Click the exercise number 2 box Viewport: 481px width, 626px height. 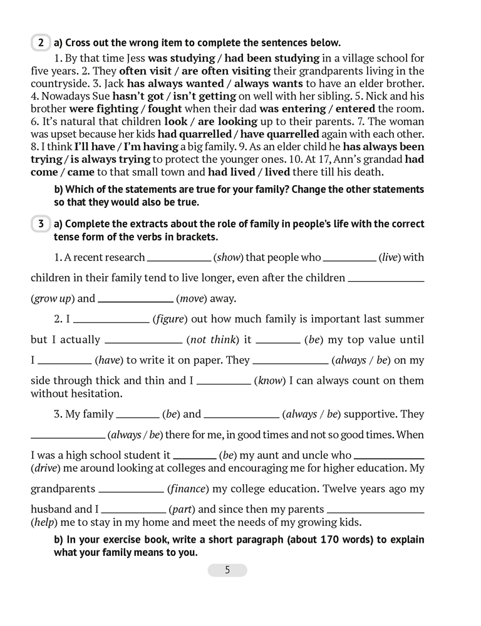coord(41,43)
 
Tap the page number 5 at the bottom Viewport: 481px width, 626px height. coord(227,570)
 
